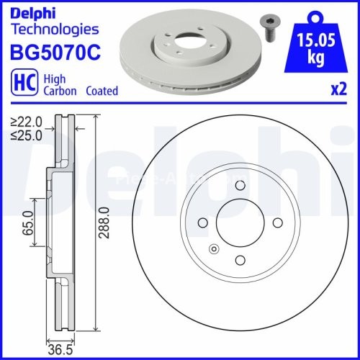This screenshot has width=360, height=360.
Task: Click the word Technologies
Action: click(54, 29)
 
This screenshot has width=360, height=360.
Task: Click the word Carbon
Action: click(59, 91)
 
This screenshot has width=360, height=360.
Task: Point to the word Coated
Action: click(102, 91)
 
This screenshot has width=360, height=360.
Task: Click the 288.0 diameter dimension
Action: click(104, 224)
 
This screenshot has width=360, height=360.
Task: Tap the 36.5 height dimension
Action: click(59, 351)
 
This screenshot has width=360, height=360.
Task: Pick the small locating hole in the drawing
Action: click(213, 250)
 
